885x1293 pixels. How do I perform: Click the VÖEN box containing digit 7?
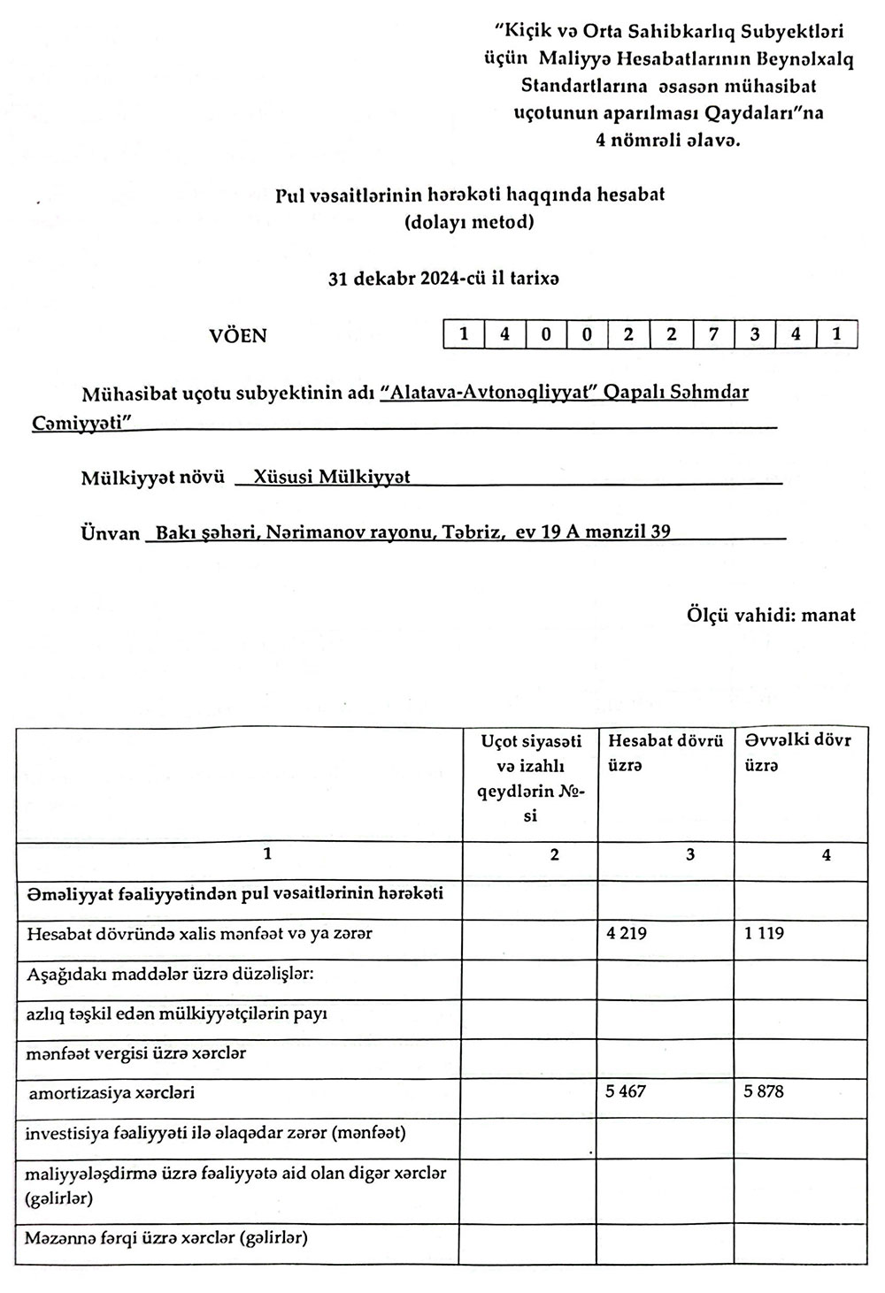pyautogui.click(x=712, y=334)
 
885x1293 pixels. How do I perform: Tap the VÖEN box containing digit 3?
pyautogui.click(x=754, y=334)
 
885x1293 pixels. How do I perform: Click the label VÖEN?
pyautogui.click(x=237, y=336)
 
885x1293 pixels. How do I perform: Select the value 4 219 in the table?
pyautogui.click(x=626, y=933)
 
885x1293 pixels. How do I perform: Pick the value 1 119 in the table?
pyautogui.click(x=764, y=933)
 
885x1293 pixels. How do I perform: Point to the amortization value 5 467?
pyautogui.click(x=626, y=1091)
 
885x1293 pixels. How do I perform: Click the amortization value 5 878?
pyautogui.click(x=764, y=1091)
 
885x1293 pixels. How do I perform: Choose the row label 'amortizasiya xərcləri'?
pyautogui.click(x=112, y=1093)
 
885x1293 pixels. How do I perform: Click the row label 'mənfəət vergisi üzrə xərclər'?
pyautogui.click(x=136, y=1053)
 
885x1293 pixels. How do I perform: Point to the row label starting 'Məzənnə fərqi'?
pyautogui.click(x=166, y=1238)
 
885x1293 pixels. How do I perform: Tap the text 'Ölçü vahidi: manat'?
pyautogui.click(x=771, y=615)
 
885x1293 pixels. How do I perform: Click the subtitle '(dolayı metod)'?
pyautogui.click(x=469, y=222)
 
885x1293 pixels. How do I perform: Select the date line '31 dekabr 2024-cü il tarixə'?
pyautogui.click(x=443, y=278)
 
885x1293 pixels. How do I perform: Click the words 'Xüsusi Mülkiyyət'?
pyautogui.click(x=332, y=477)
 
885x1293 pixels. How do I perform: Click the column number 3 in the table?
pyautogui.click(x=690, y=854)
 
